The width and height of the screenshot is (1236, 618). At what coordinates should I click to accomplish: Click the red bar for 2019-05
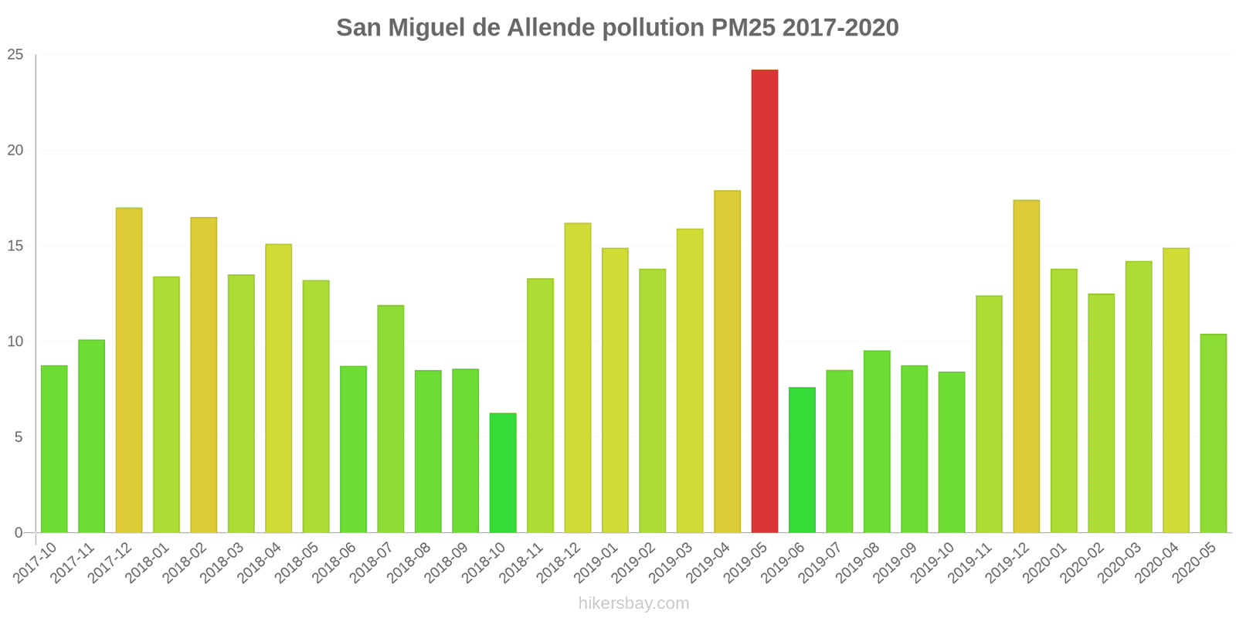[x=764, y=301]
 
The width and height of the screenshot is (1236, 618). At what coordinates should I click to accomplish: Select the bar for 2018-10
[x=503, y=473]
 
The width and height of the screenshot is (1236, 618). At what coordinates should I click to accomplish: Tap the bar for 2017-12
[x=129, y=370]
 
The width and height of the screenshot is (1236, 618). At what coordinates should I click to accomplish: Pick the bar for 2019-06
[x=802, y=460]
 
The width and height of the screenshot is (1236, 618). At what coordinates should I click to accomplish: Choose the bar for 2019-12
[x=1027, y=366]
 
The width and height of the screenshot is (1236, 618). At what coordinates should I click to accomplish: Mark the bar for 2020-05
[x=1213, y=433]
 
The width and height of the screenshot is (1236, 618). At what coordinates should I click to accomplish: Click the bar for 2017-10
[x=54, y=449]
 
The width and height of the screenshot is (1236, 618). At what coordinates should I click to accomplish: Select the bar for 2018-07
[x=390, y=419]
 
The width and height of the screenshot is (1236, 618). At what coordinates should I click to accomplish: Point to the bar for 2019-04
[x=727, y=362]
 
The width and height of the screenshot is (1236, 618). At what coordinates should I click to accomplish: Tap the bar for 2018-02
[x=204, y=375]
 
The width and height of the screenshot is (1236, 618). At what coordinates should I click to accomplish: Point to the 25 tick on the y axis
[x=15, y=55]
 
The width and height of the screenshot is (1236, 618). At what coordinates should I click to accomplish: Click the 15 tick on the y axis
[x=15, y=246]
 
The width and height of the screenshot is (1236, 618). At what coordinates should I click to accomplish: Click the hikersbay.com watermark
[x=633, y=603]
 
